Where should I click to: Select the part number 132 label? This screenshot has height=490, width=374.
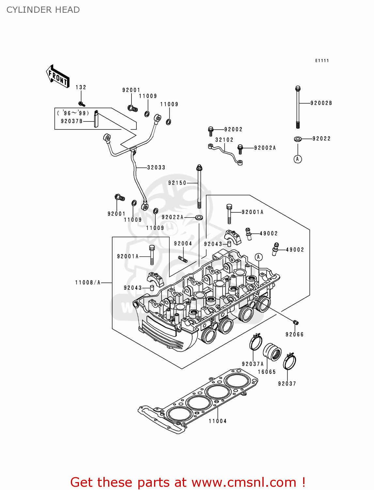point(81,87)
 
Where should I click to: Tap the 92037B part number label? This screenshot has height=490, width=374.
point(71,121)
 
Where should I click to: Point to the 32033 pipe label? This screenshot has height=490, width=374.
point(156,168)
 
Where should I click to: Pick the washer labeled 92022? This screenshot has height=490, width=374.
point(298,139)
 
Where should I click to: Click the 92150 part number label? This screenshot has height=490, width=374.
point(177,183)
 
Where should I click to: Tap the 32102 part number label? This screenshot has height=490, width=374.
point(224,140)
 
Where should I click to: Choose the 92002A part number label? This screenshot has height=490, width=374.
point(265,148)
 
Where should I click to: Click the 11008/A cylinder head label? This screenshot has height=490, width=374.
point(88,283)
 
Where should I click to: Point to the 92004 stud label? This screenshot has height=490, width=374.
point(183,244)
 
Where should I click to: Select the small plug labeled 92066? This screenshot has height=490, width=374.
point(296,323)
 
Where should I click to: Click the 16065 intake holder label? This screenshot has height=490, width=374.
point(267,372)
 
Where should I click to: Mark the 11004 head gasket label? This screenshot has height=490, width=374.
point(218,421)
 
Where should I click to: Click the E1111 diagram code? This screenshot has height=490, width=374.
point(322,60)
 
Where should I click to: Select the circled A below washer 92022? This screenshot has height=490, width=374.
point(298,159)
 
